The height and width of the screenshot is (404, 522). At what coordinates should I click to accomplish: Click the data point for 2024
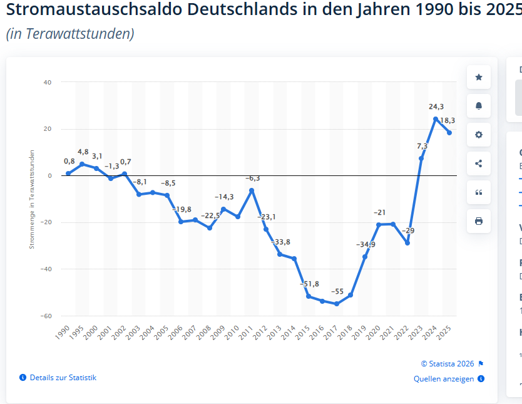(436, 119)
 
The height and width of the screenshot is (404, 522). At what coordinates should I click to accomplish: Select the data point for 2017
(337, 304)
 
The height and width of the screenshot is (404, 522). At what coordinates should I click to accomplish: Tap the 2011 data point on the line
(252, 190)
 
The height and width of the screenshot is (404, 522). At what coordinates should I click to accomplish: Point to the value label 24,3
(436, 106)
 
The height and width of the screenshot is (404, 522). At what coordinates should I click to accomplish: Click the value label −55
(337, 291)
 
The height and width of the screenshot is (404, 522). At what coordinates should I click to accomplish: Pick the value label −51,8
(309, 284)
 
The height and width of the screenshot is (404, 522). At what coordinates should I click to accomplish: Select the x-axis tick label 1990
(63, 332)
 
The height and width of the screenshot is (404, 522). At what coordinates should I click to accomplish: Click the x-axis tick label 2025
(444, 332)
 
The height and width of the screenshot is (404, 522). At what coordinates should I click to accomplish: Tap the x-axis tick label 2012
(260, 332)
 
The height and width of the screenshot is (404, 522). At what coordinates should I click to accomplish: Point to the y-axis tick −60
(46, 316)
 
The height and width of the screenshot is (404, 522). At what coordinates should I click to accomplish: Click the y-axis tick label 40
(48, 82)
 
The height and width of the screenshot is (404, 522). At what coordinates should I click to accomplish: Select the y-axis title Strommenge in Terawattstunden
(32, 199)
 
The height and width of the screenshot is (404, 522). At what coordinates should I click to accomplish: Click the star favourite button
(479, 77)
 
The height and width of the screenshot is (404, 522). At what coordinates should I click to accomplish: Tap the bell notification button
(479, 106)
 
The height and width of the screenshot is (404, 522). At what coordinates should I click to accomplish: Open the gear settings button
(479, 135)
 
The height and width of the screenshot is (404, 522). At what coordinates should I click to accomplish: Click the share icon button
(479, 163)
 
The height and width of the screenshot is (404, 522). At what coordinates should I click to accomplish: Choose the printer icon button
(479, 221)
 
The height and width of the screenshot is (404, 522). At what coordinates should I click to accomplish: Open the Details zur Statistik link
(63, 378)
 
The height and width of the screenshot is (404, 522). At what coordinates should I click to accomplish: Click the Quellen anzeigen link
(444, 379)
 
